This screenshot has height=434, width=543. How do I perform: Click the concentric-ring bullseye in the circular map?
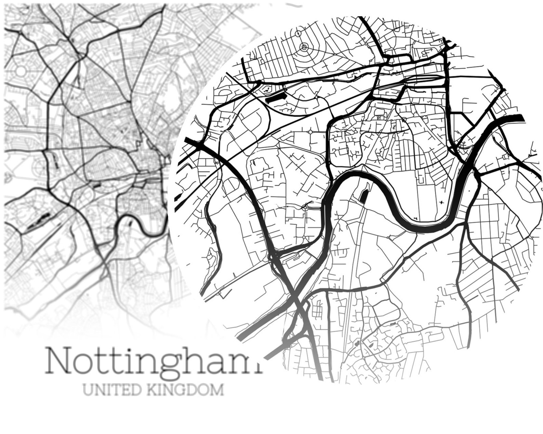(304, 46)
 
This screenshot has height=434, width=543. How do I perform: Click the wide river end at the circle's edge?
(513, 118)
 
